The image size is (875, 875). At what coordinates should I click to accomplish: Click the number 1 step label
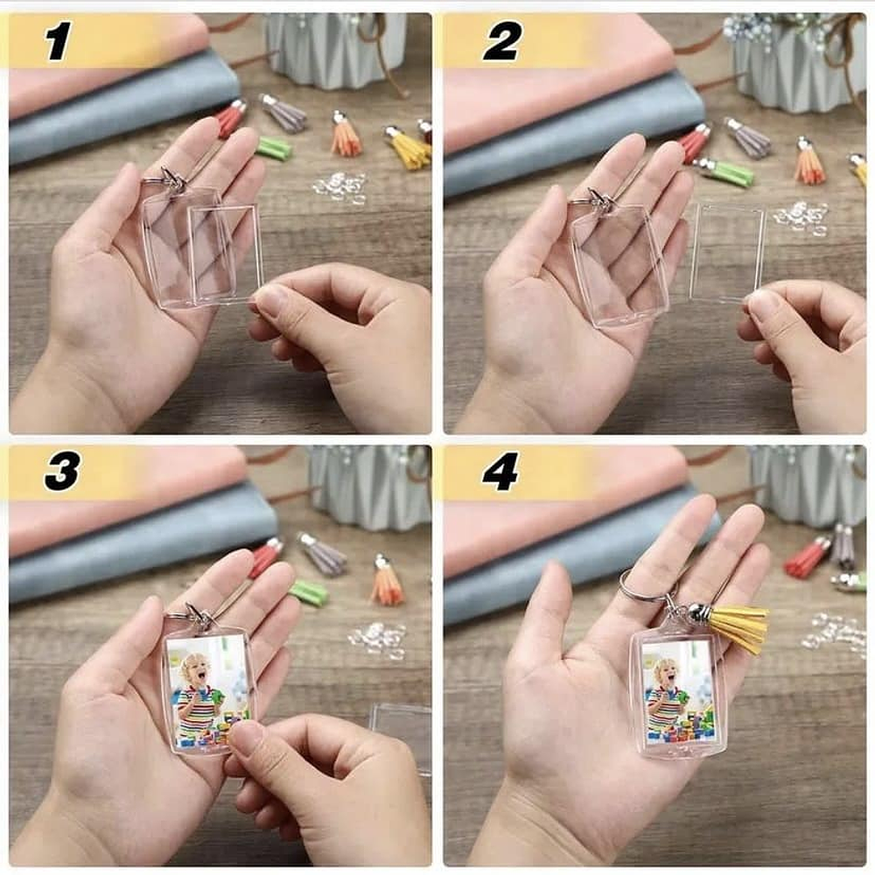coord(58,41)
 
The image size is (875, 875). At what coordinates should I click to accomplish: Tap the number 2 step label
coord(502,41)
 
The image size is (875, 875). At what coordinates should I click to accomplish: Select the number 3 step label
coord(61,472)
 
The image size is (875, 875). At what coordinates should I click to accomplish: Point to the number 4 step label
coord(500,472)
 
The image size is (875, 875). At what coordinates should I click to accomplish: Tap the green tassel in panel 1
coord(273,147)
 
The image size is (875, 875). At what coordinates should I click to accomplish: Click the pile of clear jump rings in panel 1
coord(340,187)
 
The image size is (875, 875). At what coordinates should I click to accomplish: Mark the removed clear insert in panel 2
coord(726,254)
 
